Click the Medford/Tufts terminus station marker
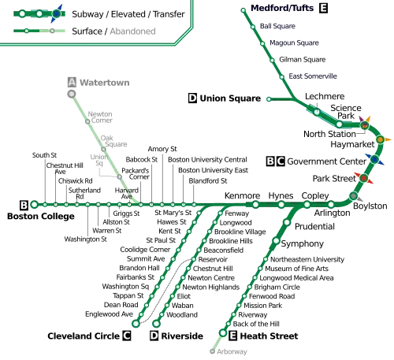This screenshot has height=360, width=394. [x=243, y=10]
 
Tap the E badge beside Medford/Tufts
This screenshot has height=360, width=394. [x=323, y=8]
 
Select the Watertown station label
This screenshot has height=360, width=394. [x=105, y=83]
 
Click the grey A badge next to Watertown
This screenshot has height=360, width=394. [x=72, y=82]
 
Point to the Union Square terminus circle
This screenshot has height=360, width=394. [x=269, y=99]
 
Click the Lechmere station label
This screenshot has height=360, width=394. [x=325, y=96]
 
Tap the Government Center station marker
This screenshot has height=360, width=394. [x=374, y=159]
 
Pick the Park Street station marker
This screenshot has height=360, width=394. [x=363, y=178]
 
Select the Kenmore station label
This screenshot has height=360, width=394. [x=242, y=195]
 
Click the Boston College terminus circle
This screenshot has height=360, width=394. [x=34, y=204]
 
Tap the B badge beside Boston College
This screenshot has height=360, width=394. [x=24, y=205]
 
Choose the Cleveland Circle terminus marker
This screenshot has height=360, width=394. [x=136, y=324]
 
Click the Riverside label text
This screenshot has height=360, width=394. [x=182, y=336]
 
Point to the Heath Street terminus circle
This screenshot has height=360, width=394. [x=223, y=333]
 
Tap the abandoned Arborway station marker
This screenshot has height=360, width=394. [x=212, y=351]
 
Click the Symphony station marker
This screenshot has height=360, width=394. [x=276, y=240]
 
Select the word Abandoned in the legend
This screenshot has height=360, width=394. [x=132, y=32]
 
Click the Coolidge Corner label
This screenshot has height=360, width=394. [x=145, y=250]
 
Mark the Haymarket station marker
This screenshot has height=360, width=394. [x=380, y=139]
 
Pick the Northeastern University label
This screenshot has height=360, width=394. [x=307, y=259]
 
